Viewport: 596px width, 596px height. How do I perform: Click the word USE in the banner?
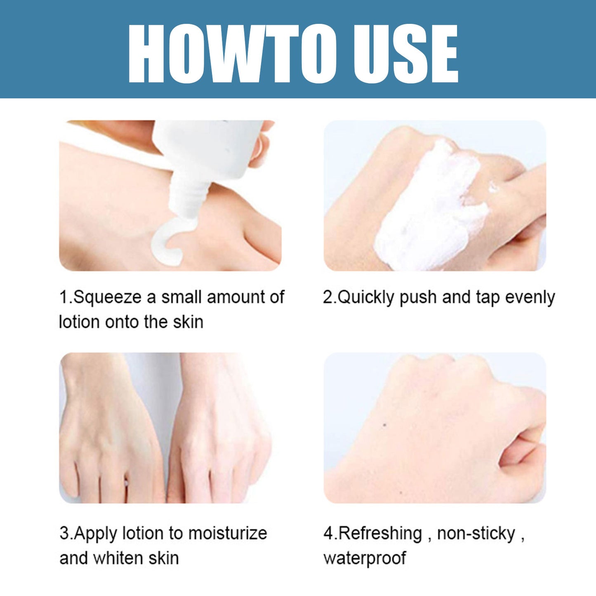pyautogui.click(x=406, y=54)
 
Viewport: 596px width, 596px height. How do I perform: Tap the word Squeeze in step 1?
pyautogui.click(x=107, y=297)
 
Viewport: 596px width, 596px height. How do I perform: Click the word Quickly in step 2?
pyautogui.click(x=365, y=298)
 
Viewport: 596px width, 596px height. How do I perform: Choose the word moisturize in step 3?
pyautogui.click(x=228, y=533)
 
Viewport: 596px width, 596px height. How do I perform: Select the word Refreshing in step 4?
pyautogui.click(x=380, y=533)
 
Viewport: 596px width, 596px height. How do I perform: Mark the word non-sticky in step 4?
pyautogui.click(x=476, y=533)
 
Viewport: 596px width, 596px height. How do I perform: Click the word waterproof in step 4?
pyautogui.click(x=365, y=558)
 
